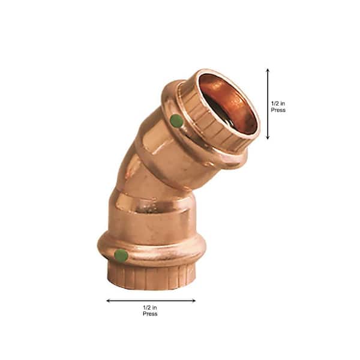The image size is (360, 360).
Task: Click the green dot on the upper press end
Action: [176, 121]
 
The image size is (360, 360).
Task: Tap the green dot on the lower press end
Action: [121, 256]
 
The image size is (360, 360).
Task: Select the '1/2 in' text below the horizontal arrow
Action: [151, 307]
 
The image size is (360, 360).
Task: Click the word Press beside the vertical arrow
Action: [278, 110]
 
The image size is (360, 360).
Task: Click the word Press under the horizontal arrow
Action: [151, 314]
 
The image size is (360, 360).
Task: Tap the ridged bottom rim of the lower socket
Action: [153, 276]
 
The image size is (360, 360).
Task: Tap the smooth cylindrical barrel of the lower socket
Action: [150, 216]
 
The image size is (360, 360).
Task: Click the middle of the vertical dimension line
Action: [268, 104]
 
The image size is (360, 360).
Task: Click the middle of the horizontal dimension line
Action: [151, 301]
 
